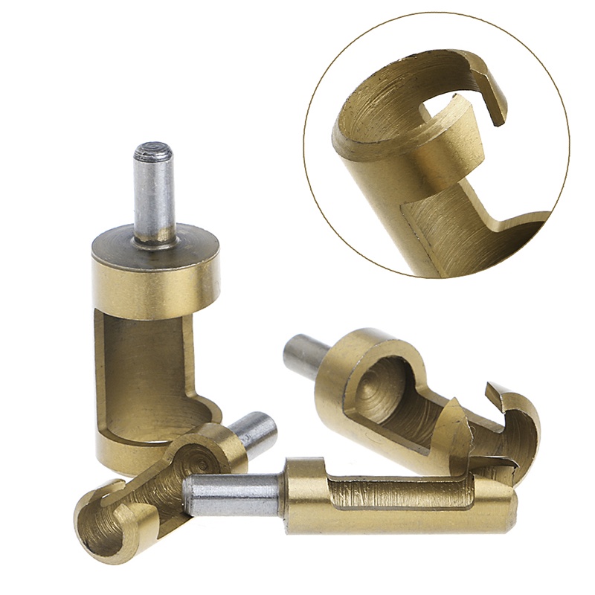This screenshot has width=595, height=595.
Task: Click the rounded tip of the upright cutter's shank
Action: point(153,151)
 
